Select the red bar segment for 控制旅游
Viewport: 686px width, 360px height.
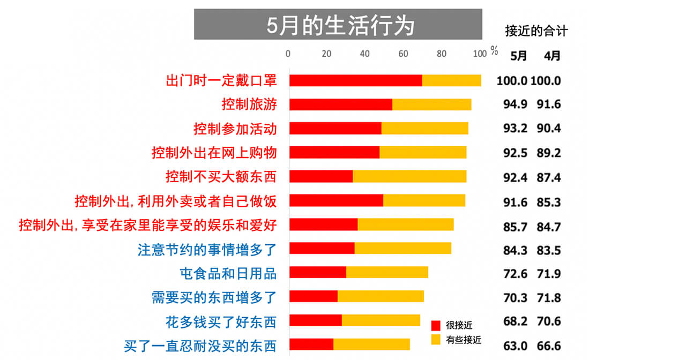pyautogui.click(x=341, y=104)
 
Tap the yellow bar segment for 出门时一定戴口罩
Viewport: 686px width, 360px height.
pyautogui.click(x=451, y=80)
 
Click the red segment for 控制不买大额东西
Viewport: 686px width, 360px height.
pyautogui.click(x=321, y=176)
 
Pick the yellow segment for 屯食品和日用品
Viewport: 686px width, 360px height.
pyautogui.click(x=387, y=272)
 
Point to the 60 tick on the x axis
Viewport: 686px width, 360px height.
pyautogui.click(x=403, y=54)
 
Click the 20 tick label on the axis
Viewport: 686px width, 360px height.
pyautogui.click(x=326, y=54)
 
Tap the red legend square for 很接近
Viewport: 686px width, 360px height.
pyautogui.click(x=436, y=325)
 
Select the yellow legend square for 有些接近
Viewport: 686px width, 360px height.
pyautogui.click(x=436, y=340)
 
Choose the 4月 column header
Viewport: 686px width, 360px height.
pyautogui.click(x=552, y=56)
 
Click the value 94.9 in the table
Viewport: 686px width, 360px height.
pyautogui.click(x=515, y=104)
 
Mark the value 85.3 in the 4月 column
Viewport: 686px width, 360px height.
pyautogui.click(x=549, y=202)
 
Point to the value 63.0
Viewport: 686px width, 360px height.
pyautogui.click(x=515, y=346)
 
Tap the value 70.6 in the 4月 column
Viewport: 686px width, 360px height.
pyautogui.click(x=549, y=321)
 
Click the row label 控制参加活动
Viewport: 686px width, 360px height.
pyautogui.click(x=235, y=129)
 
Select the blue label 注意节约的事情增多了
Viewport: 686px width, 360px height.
pyautogui.click(x=207, y=250)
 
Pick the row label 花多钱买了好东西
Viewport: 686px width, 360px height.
pyautogui.click(x=221, y=322)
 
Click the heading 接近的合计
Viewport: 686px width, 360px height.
pyautogui.click(x=536, y=31)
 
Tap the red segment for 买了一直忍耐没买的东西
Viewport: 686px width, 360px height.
pyautogui.click(x=311, y=344)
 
